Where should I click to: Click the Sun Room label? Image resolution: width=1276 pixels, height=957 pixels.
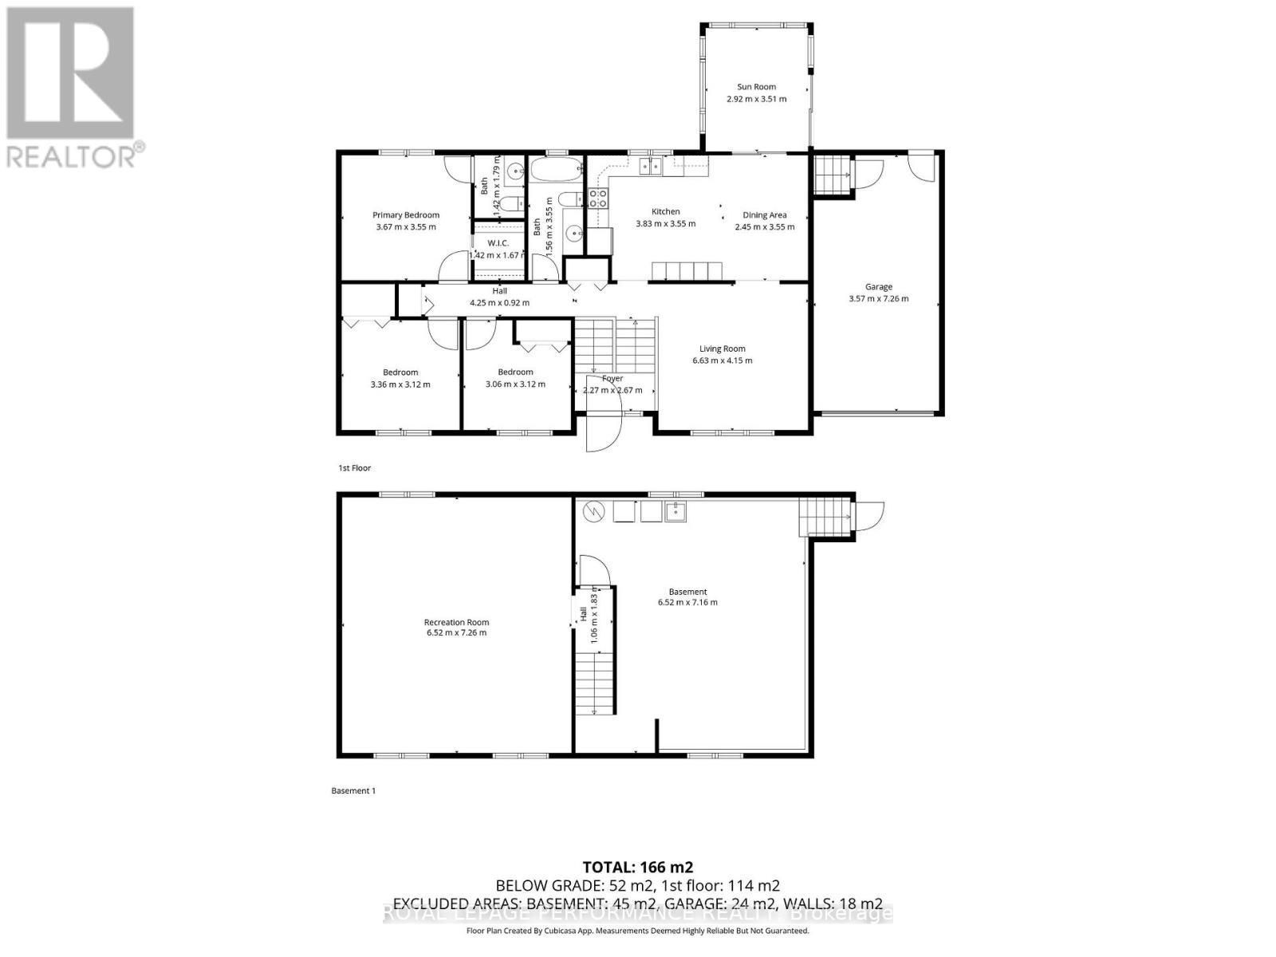pyautogui.click(x=756, y=87)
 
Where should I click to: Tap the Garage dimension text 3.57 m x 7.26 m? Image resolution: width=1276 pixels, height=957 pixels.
pyautogui.click(x=878, y=299)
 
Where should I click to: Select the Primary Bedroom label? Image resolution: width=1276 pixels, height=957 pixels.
pyautogui.click(x=406, y=215)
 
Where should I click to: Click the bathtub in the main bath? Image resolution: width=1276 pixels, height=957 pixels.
pyautogui.click(x=556, y=170)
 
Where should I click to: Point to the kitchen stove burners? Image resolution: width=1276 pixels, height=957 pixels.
pyautogui.click(x=597, y=198)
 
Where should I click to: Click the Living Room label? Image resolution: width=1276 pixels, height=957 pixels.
pyautogui.click(x=722, y=349)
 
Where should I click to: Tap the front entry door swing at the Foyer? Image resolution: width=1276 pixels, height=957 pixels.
pyautogui.click(x=603, y=431)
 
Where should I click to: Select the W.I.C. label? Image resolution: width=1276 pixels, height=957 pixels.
pyautogui.click(x=498, y=242)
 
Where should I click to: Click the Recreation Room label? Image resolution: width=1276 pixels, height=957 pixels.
pyautogui.click(x=456, y=622)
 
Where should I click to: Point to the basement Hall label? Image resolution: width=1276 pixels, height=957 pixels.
pyautogui.click(x=583, y=614)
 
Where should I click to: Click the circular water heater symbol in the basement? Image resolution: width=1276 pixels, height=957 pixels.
pyautogui.click(x=593, y=510)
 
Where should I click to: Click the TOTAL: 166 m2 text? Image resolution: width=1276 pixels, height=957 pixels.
pyautogui.click(x=637, y=867)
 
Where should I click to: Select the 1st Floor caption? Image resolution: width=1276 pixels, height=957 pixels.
pyautogui.click(x=355, y=468)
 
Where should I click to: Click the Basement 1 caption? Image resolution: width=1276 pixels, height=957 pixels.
pyautogui.click(x=352, y=791)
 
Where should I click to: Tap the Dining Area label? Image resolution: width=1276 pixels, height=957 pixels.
pyautogui.click(x=764, y=215)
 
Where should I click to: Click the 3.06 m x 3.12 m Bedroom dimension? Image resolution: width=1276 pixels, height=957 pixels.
pyautogui.click(x=515, y=384)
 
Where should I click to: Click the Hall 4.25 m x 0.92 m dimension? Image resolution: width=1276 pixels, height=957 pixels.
pyautogui.click(x=499, y=303)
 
